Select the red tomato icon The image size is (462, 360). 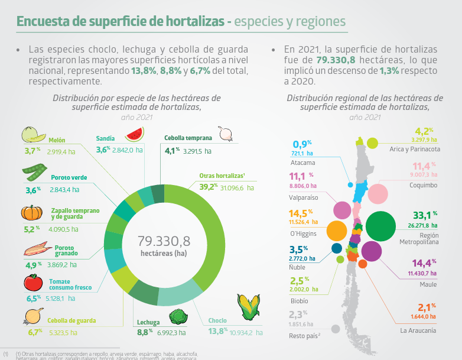click(32, 282)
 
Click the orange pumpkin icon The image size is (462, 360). click(32, 213)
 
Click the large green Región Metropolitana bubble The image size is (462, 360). click(380, 225)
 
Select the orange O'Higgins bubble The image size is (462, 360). click(336, 230)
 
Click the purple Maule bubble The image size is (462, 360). click(372, 251)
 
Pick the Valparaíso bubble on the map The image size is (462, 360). click(342, 209)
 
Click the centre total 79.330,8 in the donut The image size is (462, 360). click(164, 241)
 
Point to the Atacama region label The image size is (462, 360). click(302, 163)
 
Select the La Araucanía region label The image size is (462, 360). click(418, 330)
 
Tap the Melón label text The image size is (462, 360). click(58, 140)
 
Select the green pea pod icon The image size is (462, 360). click(34, 172)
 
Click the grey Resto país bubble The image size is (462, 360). click(336, 329)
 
